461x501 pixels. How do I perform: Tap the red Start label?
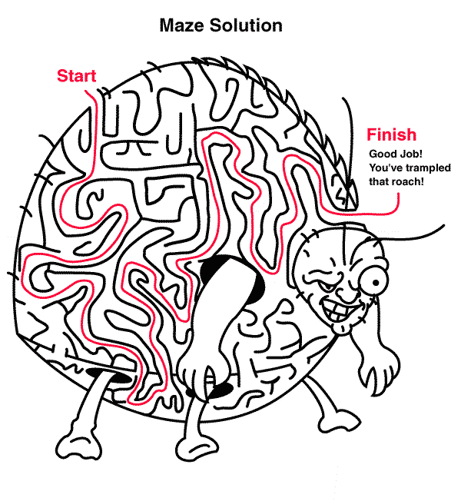(x=76, y=76)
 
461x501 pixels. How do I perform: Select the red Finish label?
(x=391, y=135)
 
